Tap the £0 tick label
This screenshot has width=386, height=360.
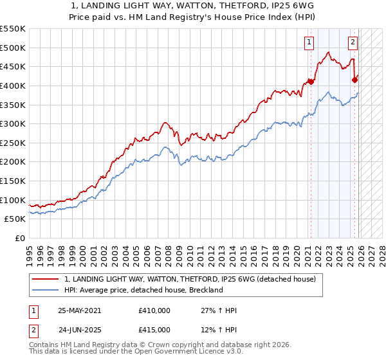point(19,238)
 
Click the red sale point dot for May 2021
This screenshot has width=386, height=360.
point(311,82)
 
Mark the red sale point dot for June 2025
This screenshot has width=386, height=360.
point(354,80)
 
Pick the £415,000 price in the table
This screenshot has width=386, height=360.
point(154,330)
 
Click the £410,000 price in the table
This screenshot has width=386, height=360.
point(154,310)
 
